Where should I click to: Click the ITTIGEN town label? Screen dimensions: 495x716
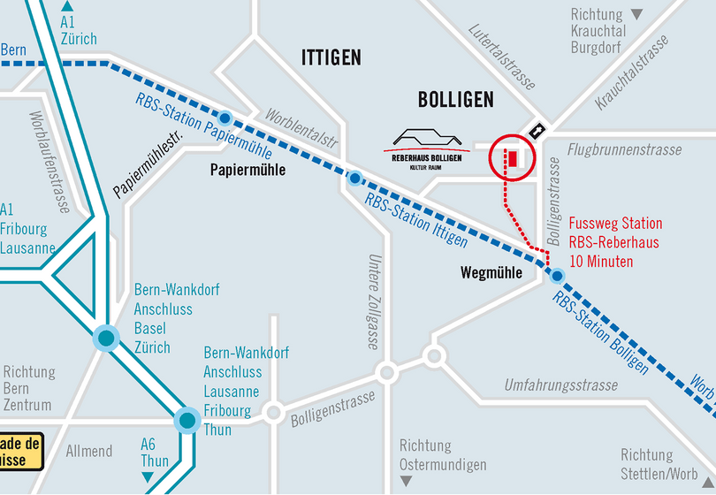[331, 58]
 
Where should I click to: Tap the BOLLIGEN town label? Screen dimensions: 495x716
[454, 100]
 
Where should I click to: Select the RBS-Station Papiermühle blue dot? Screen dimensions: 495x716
[225, 118]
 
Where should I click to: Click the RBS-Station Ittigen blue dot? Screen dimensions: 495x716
[354, 179]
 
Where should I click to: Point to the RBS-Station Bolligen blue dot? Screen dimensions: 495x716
[557, 276]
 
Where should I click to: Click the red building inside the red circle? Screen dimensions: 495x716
[512, 158]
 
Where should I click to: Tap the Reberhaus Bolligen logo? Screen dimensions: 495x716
[428, 147]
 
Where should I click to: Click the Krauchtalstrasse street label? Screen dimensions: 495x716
[631, 74]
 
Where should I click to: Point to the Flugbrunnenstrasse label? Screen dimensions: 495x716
[624, 150]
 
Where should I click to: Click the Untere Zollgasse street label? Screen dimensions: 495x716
[373, 301]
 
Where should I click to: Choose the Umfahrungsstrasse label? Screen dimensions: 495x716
[560, 385]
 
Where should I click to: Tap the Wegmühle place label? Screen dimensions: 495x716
[491, 273]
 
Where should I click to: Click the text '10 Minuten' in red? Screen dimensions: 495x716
[600, 262]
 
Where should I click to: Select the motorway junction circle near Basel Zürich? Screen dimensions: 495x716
[107, 338]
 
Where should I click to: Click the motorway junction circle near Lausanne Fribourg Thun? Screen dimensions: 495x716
[187, 420]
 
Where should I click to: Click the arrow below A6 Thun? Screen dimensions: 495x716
[148, 477]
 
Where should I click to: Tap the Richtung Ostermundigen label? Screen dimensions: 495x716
[443, 455]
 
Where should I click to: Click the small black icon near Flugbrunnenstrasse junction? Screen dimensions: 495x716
[536, 130]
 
